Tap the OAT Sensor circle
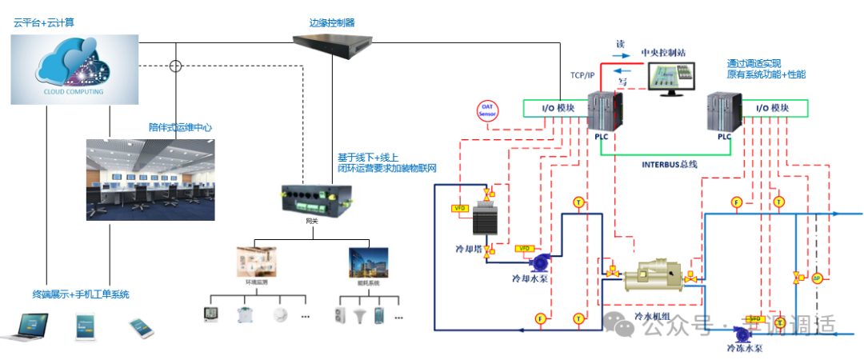(x=488, y=110)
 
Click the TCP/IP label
(x=582, y=75)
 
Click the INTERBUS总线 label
(x=670, y=164)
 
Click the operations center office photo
(x=150, y=179)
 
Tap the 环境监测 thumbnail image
(x=256, y=261)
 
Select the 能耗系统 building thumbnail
(x=368, y=261)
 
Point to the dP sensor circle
(x=817, y=278)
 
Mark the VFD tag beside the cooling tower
(x=460, y=209)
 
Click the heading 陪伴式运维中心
(x=180, y=127)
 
